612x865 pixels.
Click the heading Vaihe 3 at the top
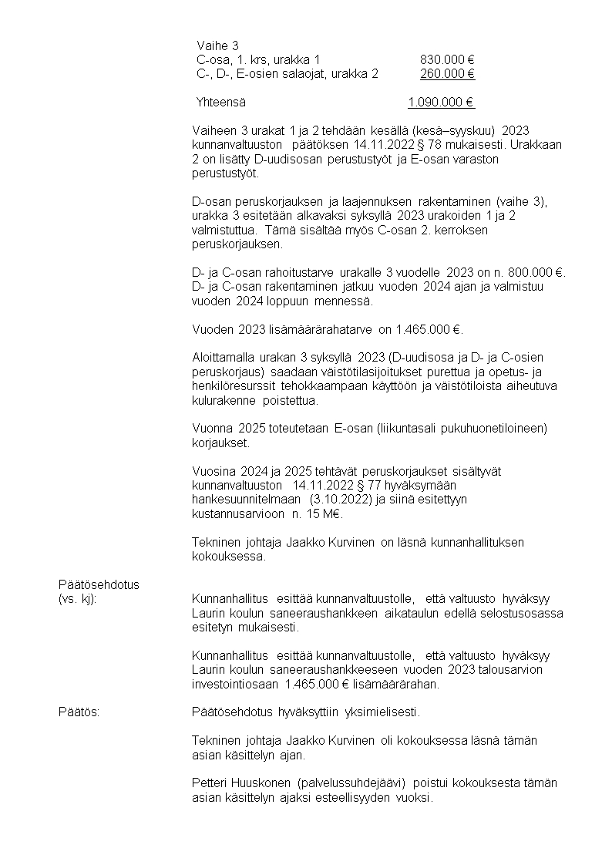[x=217, y=45]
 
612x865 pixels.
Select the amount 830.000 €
[x=446, y=60]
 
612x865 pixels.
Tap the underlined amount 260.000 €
[x=447, y=74]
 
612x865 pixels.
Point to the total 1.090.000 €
[x=441, y=102]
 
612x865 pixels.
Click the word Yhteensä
[x=221, y=102]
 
